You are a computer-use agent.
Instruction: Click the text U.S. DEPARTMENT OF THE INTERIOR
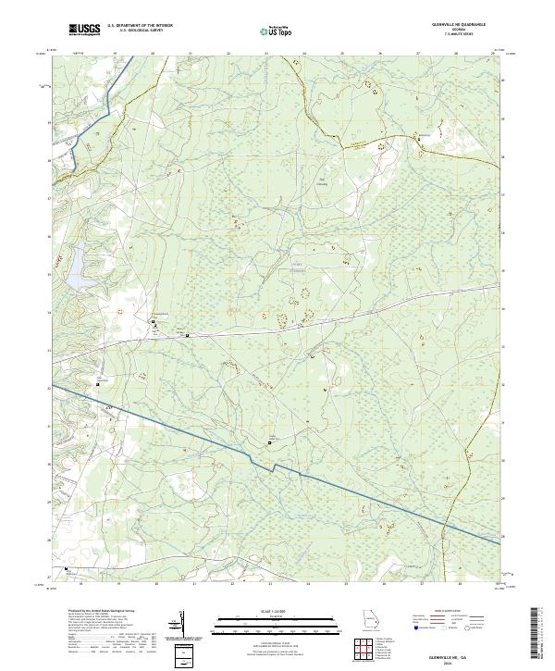141,26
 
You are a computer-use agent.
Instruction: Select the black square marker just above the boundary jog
270,443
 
